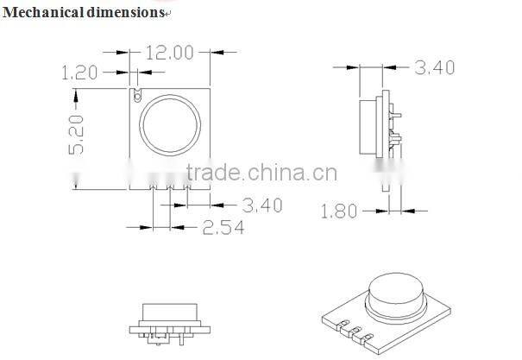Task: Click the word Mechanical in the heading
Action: pyautogui.click(x=38, y=12)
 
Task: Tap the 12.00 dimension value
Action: pyautogui.click(x=169, y=53)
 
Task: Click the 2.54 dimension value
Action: pyautogui.click(x=223, y=227)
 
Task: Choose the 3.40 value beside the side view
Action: pyautogui.click(x=434, y=66)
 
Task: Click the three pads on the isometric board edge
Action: pyautogui.click(x=349, y=329)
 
